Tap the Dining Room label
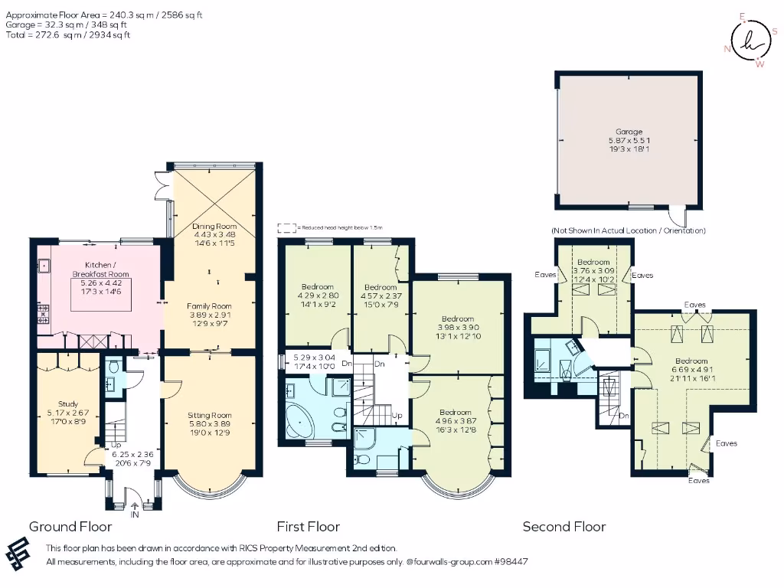click(214, 227)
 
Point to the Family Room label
click(209, 305)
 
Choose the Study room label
click(68, 404)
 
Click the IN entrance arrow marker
click(136, 505)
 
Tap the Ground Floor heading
click(70, 527)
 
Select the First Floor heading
click(308, 527)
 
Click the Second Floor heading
click(563, 527)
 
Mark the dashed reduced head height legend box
click(286, 227)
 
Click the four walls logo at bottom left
click(21, 552)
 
